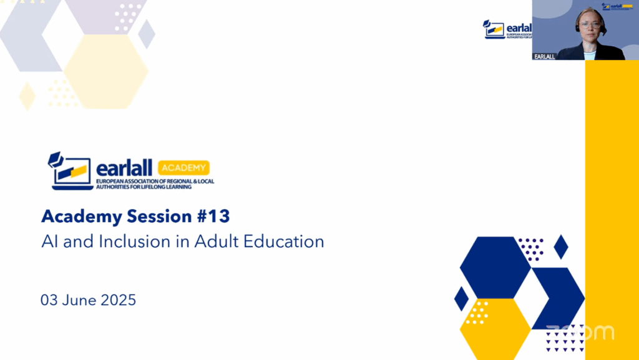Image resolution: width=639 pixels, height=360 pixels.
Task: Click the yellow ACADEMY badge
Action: (184, 168)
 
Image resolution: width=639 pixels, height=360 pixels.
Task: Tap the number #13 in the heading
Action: (213, 216)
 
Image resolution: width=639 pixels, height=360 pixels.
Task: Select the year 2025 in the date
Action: (118, 300)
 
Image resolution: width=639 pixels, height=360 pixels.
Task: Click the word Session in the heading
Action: (159, 216)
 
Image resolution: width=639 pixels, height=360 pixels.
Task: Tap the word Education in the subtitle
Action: (284, 241)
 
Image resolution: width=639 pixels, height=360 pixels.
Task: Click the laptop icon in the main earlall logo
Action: (70, 171)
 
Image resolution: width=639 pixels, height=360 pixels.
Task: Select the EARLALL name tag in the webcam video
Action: (544, 57)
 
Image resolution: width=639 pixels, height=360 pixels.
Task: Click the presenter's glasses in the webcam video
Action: (590, 25)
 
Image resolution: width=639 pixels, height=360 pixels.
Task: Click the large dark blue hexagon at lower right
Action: (495, 267)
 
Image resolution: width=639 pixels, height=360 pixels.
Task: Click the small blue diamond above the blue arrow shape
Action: (561, 247)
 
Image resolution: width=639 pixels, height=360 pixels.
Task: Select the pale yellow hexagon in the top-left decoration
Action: (106, 71)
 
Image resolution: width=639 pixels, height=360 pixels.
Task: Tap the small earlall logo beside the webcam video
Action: (507, 29)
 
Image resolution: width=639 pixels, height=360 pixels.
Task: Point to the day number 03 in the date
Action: (49, 300)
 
